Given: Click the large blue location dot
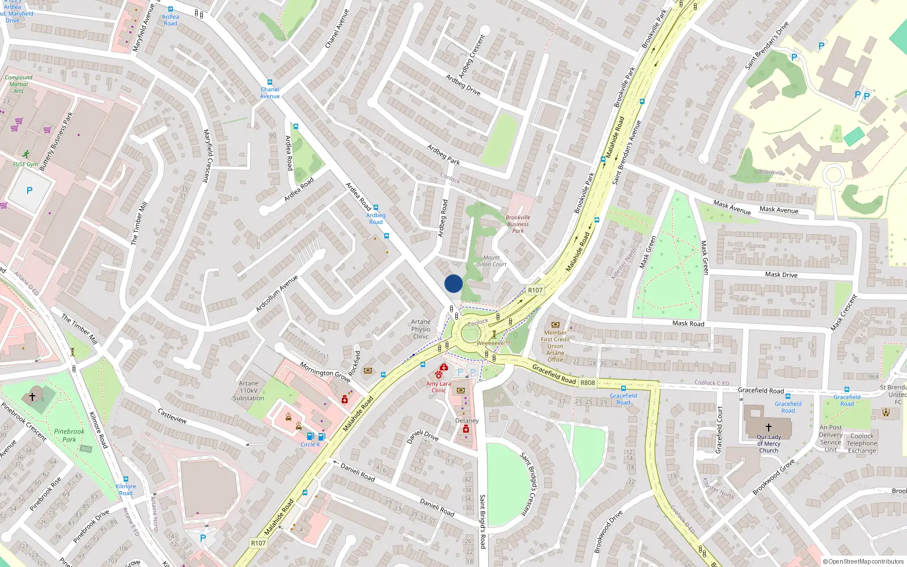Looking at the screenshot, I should [453, 283].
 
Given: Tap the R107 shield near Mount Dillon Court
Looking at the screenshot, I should [535, 290].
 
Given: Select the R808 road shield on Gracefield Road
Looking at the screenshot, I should [588, 383].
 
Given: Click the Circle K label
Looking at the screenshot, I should [310, 445].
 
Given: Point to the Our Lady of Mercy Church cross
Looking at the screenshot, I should [768, 427].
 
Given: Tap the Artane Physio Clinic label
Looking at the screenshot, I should [421, 329].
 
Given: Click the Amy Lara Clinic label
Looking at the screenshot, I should [439, 387].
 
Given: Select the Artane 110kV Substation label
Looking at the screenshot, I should [248, 391].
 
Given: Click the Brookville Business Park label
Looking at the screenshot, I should [518, 224].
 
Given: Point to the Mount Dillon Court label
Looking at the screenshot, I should [491, 261].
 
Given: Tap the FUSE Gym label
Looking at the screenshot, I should [26, 164].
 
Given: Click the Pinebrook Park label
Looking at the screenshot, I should [69, 435].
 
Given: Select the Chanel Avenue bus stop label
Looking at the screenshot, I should [270, 92].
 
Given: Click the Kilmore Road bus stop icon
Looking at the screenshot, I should [125, 479].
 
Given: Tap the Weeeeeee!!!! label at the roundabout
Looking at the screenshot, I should [494, 343].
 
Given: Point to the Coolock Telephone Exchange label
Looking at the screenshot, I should [862, 443].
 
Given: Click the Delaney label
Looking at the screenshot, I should [467, 421].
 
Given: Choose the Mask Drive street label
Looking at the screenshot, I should [781, 274].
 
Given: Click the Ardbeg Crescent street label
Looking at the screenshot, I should [472, 56].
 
